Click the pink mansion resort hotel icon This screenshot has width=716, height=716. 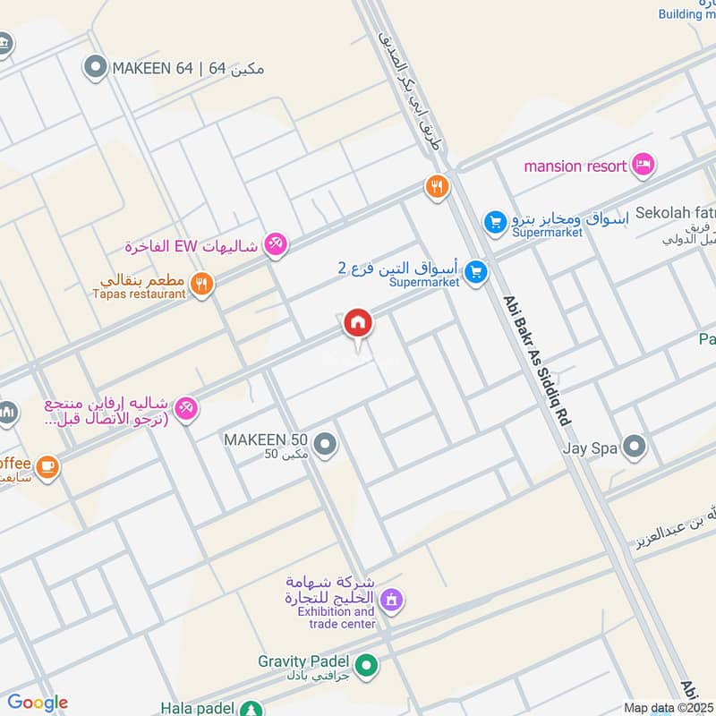[643, 165]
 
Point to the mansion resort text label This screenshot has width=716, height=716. [575, 166]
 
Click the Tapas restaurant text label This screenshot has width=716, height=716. [138, 294]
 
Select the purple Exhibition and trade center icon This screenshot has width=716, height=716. [390, 599]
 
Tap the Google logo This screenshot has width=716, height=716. [37, 703]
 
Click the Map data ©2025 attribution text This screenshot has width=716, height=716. [669, 708]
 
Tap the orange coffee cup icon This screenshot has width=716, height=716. [47, 465]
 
